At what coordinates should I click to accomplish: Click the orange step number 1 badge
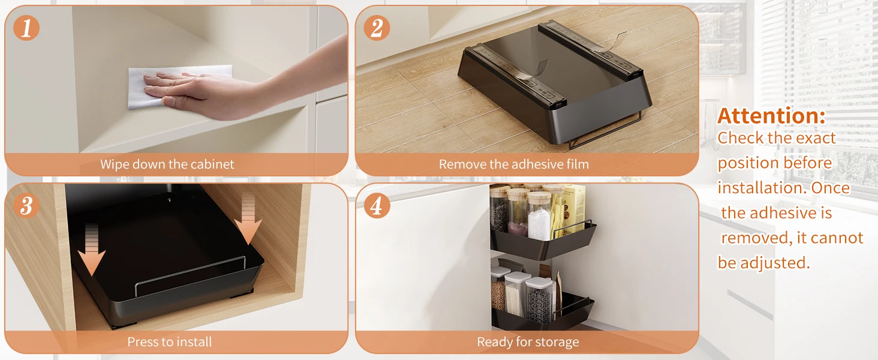[26, 28]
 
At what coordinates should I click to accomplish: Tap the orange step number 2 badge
[377, 28]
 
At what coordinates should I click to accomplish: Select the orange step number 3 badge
[26, 205]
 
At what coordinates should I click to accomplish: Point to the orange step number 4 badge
[377, 205]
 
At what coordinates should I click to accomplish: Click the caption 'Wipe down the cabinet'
[167, 164]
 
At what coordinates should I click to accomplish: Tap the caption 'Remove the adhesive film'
[514, 164]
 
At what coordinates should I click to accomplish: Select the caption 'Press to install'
[169, 341]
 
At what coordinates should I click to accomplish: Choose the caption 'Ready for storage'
[528, 342]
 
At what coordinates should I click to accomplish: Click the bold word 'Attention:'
[771, 116]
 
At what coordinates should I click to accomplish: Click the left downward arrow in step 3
[91, 250]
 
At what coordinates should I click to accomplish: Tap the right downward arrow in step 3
[248, 220]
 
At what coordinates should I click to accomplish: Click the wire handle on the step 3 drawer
[191, 275]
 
